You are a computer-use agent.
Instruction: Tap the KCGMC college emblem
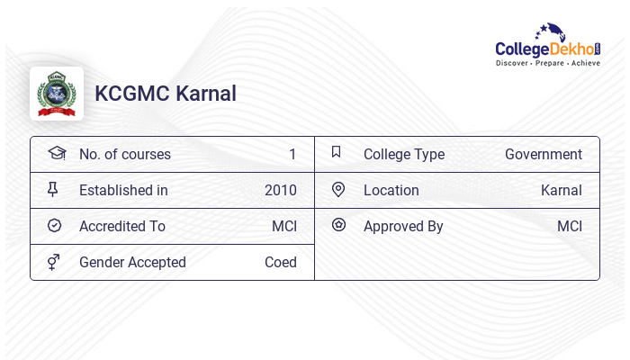(x=57, y=94)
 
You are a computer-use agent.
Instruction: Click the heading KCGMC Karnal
(x=166, y=94)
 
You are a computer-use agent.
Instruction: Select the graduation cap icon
(x=56, y=153)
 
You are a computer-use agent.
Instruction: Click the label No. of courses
(x=124, y=154)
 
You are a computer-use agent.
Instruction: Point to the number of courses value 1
(x=292, y=154)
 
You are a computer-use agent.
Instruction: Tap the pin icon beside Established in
(x=54, y=189)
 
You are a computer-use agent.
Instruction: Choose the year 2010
(x=280, y=190)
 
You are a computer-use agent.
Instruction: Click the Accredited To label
(x=122, y=226)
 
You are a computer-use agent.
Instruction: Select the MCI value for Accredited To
(x=283, y=226)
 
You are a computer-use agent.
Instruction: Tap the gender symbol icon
(x=54, y=262)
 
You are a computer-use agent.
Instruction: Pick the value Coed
(x=280, y=262)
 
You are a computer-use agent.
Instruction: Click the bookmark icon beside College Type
(x=337, y=152)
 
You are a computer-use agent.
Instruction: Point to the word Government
(x=543, y=154)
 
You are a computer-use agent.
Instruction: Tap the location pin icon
(x=337, y=189)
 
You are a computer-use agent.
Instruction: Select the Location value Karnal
(x=561, y=190)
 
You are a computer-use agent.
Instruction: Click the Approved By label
(x=403, y=226)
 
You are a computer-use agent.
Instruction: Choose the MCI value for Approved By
(x=569, y=226)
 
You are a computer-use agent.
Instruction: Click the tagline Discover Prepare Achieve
(x=547, y=64)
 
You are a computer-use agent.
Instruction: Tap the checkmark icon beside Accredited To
(x=54, y=226)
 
